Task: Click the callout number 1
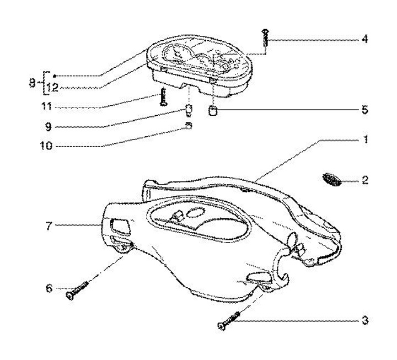coord(365,139)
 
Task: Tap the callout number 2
coord(365,180)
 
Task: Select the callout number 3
coord(365,320)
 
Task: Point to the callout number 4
coord(365,40)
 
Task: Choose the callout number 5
coord(365,110)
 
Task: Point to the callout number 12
coord(52,87)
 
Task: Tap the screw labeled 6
coord(78,289)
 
